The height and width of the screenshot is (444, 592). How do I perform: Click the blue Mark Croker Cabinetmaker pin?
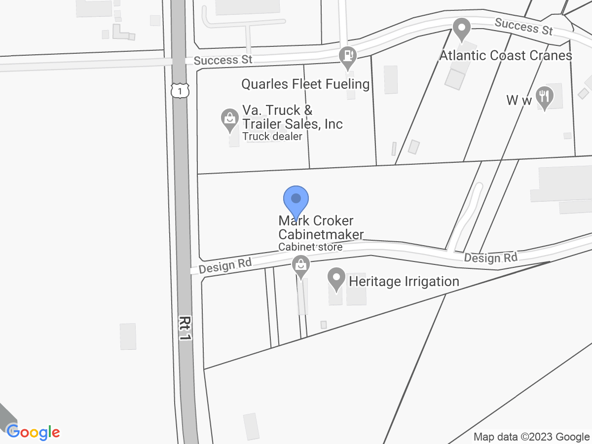pos(296,200)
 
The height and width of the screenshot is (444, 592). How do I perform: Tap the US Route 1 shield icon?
pos(181,91)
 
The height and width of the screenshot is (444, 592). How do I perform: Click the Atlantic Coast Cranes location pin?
pos(462,29)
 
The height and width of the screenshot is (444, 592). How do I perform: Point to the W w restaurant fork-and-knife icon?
pos(545,97)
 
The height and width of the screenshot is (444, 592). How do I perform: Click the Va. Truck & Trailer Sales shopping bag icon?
pos(229,119)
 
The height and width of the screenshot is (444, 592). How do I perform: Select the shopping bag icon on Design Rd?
pos(300,265)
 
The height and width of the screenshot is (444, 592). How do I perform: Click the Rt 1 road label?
pos(185,328)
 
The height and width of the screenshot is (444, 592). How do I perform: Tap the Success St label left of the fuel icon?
pos(223,60)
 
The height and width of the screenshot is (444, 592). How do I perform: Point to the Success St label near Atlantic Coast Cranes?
pos(523,26)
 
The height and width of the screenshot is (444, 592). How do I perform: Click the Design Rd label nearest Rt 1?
pos(225,265)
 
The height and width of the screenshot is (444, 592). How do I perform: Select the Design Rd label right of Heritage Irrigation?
pos(490,258)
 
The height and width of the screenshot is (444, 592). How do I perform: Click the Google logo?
pos(33,432)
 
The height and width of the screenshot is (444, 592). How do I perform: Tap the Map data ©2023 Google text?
pos(531,437)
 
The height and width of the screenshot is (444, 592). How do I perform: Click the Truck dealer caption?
pos(271,137)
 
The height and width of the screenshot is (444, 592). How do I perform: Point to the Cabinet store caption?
pos(310,247)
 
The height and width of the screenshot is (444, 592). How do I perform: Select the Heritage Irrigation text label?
pos(404,282)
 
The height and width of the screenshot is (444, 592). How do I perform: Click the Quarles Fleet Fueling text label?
pos(305,84)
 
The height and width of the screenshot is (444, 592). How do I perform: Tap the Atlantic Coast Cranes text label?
pos(506,55)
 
